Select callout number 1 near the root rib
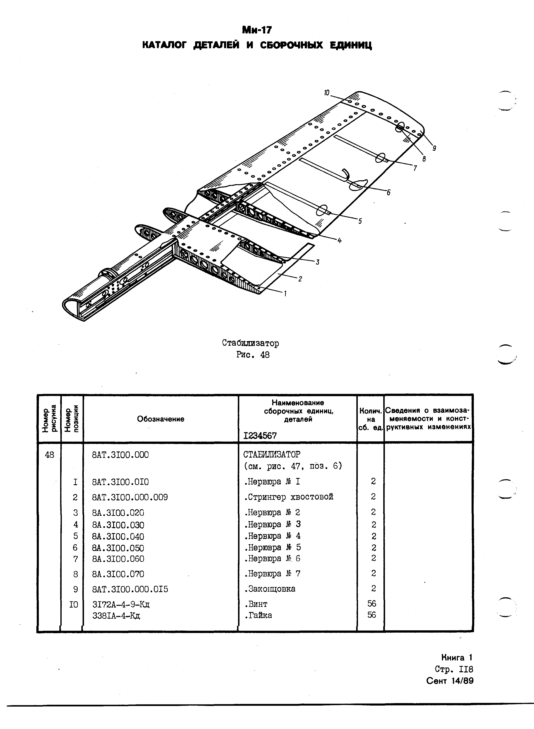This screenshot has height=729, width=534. (285, 294)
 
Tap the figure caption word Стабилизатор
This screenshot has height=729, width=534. (251, 343)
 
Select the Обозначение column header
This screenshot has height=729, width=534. (161, 419)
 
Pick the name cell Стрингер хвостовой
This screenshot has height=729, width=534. (289, 497)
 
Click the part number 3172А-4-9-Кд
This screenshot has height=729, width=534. (121, 604)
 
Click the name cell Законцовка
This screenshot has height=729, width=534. (270, 589)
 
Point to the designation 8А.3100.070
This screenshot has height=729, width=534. (118, 574)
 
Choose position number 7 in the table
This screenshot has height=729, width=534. (76, 559)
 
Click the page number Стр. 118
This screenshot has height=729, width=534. (454, 669)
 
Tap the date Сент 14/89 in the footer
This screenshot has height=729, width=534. (450, 681)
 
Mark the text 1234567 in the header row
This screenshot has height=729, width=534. (260, 435)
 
